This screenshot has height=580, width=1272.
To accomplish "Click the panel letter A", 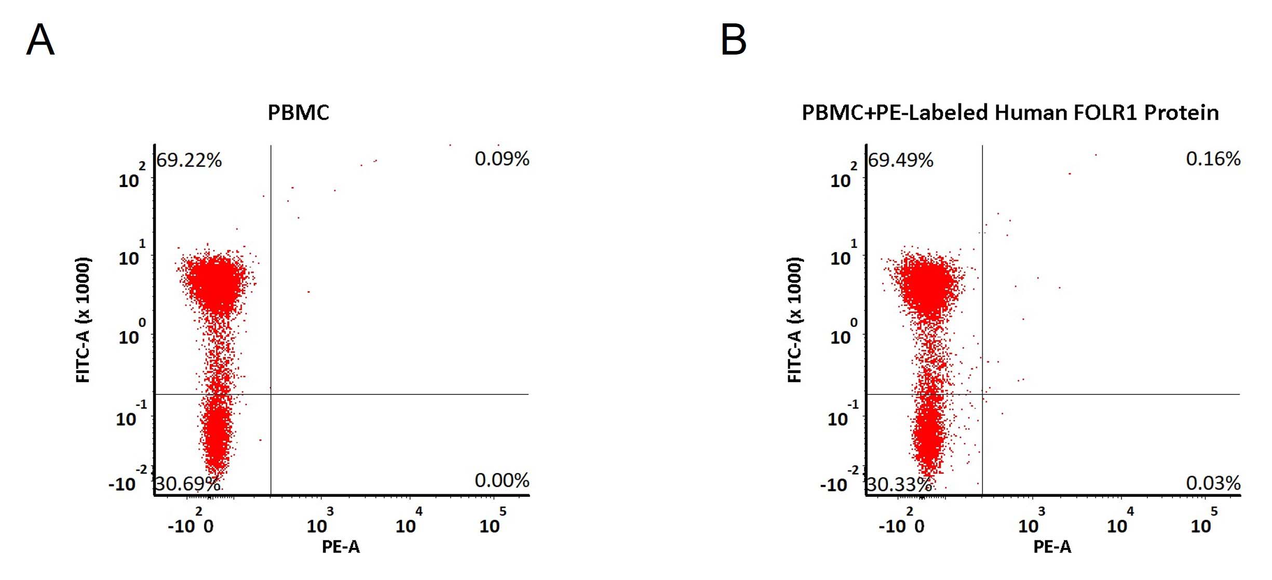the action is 40,39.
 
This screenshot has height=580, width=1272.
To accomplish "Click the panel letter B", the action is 734,39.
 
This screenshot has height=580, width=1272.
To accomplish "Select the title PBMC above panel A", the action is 299,113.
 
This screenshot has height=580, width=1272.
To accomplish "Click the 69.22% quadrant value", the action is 189,160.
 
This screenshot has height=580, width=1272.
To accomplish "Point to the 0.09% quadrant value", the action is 502,159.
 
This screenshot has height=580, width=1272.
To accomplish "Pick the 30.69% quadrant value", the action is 187,484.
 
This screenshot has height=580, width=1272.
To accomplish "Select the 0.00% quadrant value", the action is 502,480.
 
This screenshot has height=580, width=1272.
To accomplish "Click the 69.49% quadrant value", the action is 901,160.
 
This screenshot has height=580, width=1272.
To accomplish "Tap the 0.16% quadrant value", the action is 1213,159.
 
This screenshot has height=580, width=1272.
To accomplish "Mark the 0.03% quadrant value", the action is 1213,483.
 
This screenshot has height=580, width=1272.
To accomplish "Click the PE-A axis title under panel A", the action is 341,547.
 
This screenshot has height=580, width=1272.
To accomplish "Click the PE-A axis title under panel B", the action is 1052,547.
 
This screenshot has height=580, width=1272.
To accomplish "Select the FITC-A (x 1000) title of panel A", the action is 83,320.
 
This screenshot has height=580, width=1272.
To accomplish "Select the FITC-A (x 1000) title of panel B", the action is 795,320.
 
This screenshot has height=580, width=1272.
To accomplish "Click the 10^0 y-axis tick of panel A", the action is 132,332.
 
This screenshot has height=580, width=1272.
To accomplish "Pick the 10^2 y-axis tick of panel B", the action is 844,175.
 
